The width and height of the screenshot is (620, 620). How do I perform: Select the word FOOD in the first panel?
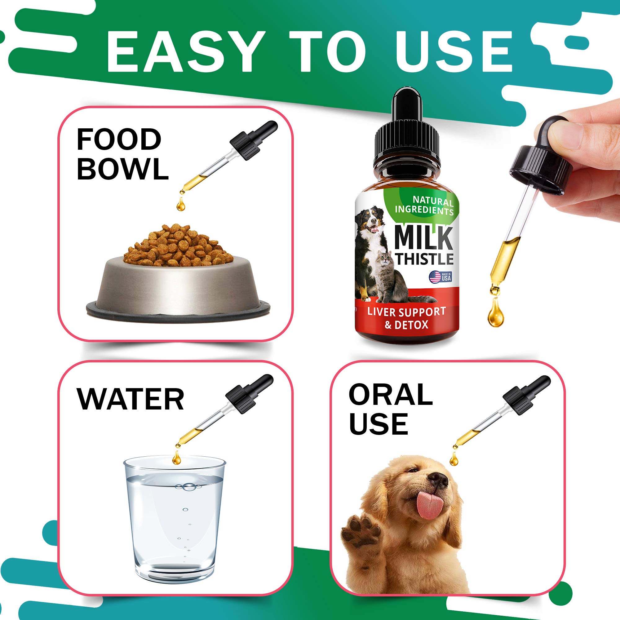(119, 139)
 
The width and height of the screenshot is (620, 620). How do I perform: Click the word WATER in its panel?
(130, 399)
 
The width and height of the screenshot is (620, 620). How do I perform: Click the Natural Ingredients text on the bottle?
(424, 206)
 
